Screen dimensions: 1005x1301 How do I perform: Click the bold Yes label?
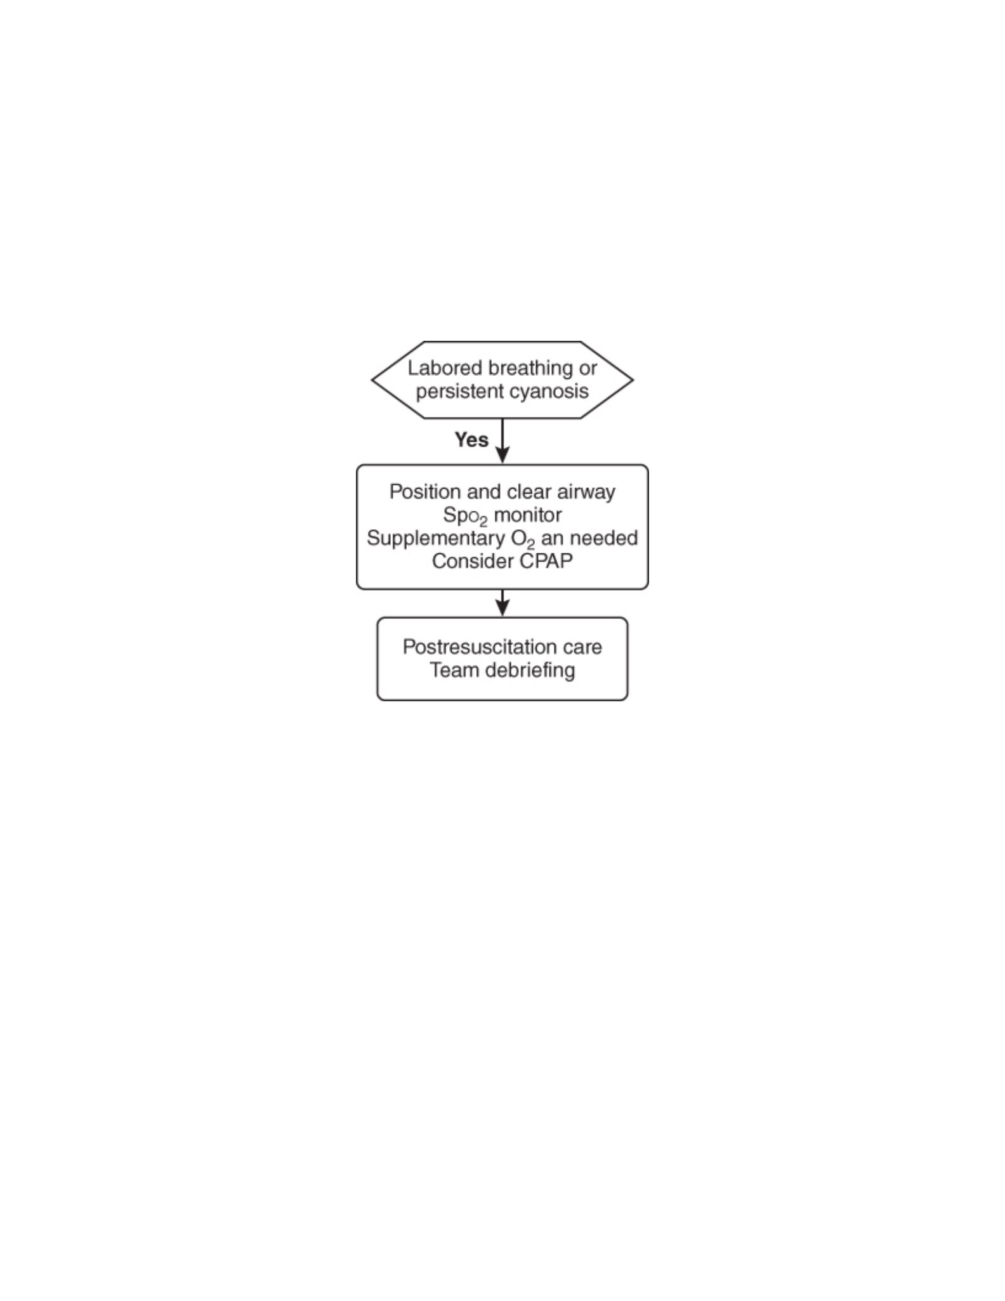coord(471,440)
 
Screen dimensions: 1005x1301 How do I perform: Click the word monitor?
coord(528,515)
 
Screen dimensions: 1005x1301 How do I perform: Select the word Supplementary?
coord(436,538)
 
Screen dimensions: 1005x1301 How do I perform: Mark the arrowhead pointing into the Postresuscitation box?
coord(503,608)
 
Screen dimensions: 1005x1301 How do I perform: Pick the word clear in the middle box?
coord(529,492)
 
